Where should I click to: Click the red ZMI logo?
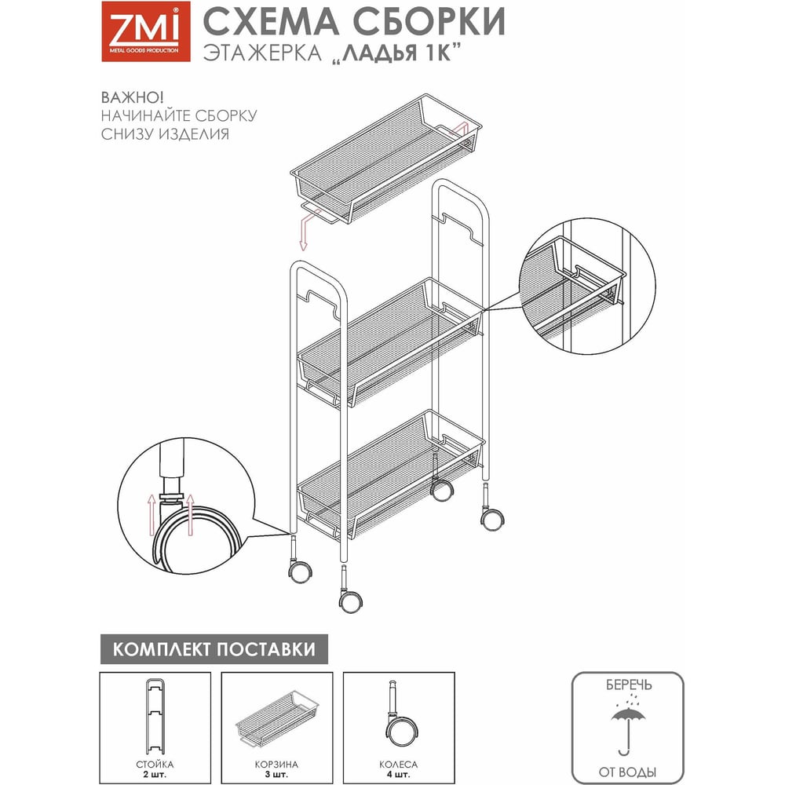click(146, 31)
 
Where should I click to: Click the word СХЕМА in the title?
click(271, 21)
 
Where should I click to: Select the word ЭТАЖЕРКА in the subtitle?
click(262, 53)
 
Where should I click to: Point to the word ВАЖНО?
click(132, 97)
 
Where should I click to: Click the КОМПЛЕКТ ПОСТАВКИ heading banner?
click(214, 649)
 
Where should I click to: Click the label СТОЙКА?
click(155, 765)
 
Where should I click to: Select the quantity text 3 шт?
click(276, 775)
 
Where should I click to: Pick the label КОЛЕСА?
click(399, 765)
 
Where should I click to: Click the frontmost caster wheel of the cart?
click(350, 601)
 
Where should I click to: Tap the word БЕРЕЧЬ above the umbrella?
click(629, 685)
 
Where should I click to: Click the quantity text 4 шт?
click(399, 775)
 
